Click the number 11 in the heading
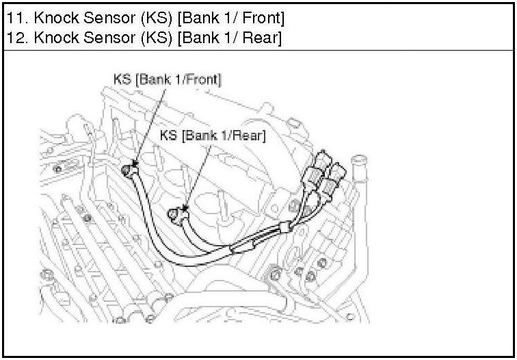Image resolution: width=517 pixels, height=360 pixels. click(13, 14)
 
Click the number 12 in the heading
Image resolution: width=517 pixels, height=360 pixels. click(13, 36)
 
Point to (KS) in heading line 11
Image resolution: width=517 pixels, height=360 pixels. click(157, 14)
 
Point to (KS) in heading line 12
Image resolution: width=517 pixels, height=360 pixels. click(157, 36)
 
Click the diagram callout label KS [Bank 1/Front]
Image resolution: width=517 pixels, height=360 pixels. click(167, 79)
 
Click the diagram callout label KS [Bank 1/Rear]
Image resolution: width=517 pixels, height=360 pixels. click(213, 135)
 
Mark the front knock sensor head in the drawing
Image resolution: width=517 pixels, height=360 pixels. click(129, 170)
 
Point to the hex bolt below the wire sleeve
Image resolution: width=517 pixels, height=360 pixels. click(276, 274)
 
